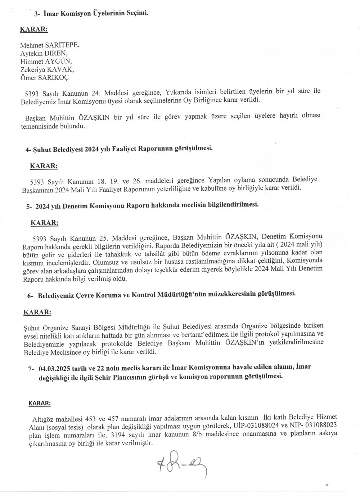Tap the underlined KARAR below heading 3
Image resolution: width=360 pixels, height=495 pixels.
click(x=33, y=29)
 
